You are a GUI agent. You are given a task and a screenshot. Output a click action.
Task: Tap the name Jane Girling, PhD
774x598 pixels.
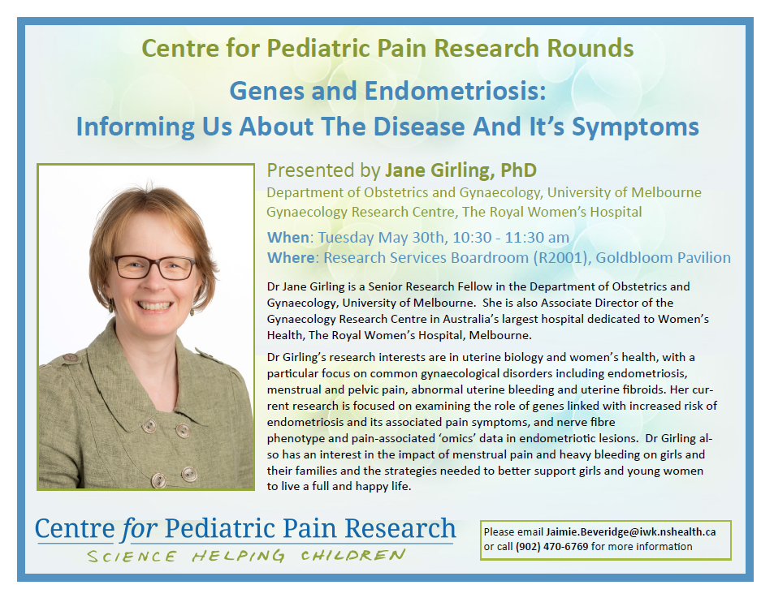[x=461, y=170]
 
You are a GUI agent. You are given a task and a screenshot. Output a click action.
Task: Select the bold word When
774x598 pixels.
[x=288, y=238]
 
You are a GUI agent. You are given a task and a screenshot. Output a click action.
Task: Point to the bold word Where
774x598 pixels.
[x=291, y=258]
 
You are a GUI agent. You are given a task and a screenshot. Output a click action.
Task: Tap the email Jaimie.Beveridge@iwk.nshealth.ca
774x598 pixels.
[x=631, y=532]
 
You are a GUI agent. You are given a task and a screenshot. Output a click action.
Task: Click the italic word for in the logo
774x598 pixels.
[x=139, y=528]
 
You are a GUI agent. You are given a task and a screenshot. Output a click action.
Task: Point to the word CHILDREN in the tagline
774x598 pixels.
[x=353, y=556]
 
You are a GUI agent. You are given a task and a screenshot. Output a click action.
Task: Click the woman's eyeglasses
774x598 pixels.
[x=154, y=267]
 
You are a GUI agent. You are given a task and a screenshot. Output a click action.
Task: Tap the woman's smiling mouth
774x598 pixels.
[x=154, y=306]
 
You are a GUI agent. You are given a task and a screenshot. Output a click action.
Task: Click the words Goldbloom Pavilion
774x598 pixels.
[x=663, y=258]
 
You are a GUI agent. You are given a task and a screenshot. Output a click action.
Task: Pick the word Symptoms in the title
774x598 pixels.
[x=635, y=127]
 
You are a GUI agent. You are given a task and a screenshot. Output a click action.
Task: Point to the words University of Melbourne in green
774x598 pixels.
[x=624, y=193]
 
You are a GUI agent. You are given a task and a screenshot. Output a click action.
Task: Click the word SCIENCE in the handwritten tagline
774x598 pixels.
[x=132, y=557]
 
